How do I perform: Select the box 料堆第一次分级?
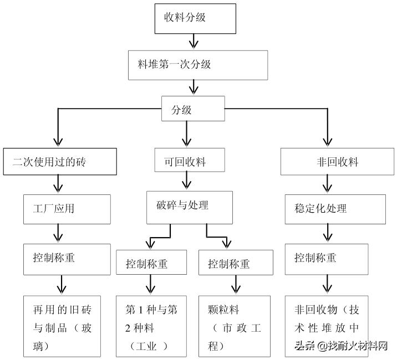click(197, 65)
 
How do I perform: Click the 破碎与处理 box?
click(187, 205)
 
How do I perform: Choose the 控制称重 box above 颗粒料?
click(235, 263)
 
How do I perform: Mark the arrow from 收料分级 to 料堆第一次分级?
click(193, 42)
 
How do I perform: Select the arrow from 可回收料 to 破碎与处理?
click(187, 181)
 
